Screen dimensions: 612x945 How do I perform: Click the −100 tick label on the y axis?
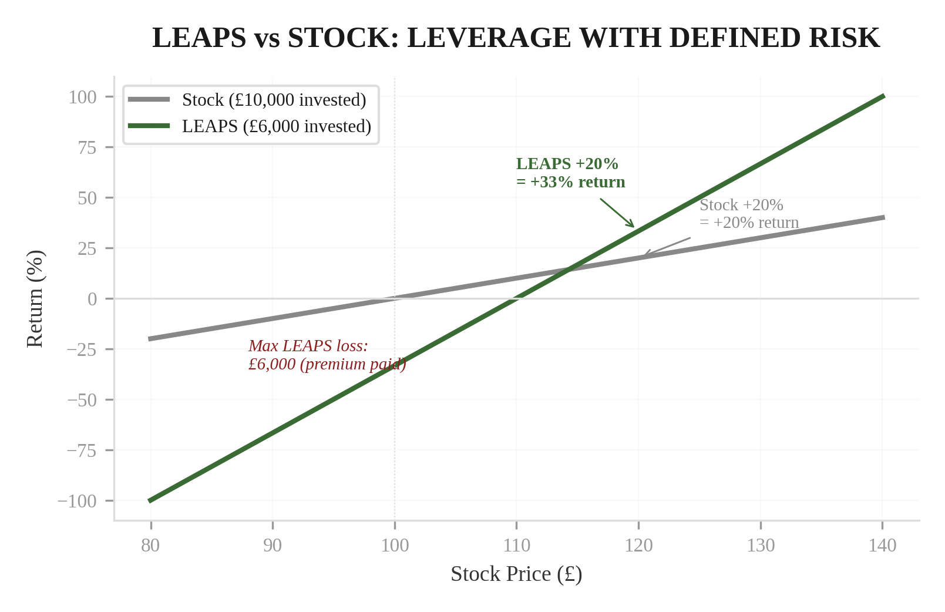point(77,501)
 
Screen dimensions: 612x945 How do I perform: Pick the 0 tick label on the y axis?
point(92,299)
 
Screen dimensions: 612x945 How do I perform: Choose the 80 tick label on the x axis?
point(150,546)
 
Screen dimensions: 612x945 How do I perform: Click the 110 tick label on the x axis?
point(516,546)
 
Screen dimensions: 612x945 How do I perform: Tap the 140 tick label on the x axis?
point(882,546)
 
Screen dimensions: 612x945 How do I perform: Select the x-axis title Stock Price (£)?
point(516,574)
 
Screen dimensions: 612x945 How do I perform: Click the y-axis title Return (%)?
point(35,298)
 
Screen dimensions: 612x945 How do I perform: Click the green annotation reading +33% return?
point(571,182)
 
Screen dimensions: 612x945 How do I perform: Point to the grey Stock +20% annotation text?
point(741,205)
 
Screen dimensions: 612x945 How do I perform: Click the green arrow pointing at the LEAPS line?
point(617,213)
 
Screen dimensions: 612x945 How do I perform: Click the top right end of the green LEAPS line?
point(883,96)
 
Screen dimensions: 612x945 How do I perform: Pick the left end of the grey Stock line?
point(150,339)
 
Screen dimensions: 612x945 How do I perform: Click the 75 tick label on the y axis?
point(87,147)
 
